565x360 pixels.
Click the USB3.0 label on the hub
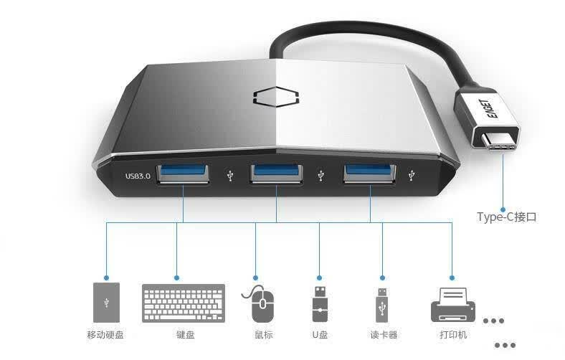[138, 176]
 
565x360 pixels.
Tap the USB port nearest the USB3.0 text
[183, 174]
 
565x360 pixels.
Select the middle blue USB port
[276, 174]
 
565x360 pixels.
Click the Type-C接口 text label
[507, 217]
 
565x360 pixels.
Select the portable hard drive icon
[106, 303]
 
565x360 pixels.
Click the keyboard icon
[184, 303]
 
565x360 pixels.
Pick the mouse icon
[260, 303]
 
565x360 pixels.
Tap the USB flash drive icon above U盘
[320, 304]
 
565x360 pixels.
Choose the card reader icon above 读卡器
[382, 305]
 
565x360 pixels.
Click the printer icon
[453, 305]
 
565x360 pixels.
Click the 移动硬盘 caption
[105, 335]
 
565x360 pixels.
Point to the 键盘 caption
[186, 335]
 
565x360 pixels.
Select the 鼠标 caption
[264, 335]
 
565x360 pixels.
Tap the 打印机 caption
[453, 335]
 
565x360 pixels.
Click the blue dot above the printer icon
[452, 278]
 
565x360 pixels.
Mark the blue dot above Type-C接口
[503, 209]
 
